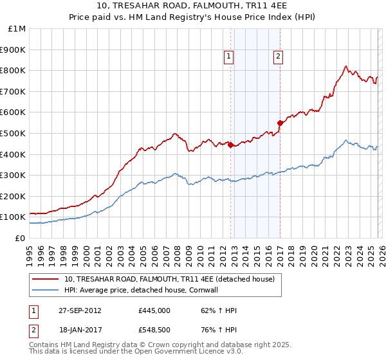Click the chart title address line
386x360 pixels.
[x=193, y=6]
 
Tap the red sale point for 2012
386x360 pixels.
[x=231, y=145]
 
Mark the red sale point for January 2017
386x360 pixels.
[x=280, y=123]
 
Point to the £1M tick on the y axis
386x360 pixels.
[x=18, y=29]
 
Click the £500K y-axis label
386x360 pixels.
[x=14, y=133]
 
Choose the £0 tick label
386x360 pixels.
[x=20, y=238]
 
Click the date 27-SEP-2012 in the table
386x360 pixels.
[x=79, y=310]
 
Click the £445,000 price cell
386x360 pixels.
[x=154, y=310]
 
